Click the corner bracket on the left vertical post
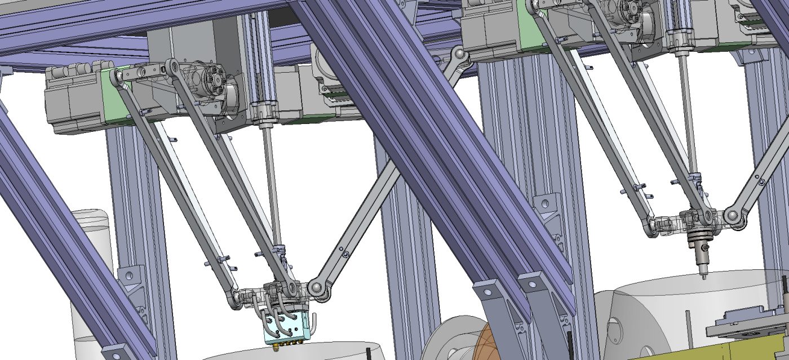pos(130,276)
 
